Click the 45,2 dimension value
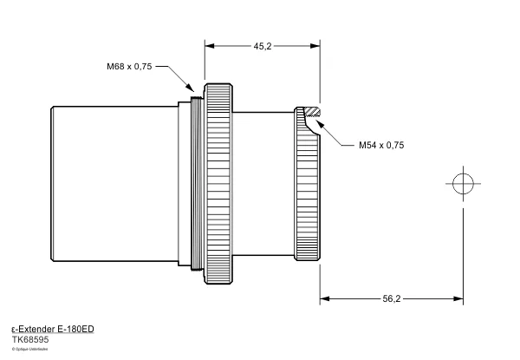click(263, 46)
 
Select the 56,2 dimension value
click(391, 299)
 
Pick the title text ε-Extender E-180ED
click(52, 331)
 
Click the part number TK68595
click(29, 341)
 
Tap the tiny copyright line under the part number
click(30, 350)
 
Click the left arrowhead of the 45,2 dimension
click(209, 47)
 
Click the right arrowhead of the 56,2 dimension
click(457, 299)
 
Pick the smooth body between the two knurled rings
click(264, 184)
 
